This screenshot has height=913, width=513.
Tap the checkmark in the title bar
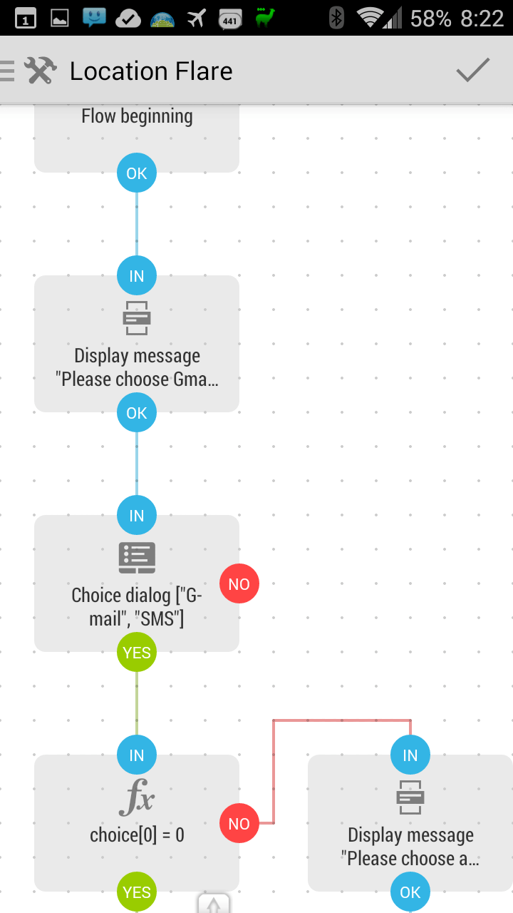(x=472, y=70)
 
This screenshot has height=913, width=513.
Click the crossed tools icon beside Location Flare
(x=41, y=70)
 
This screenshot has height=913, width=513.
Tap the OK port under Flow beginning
(x=137, y=173)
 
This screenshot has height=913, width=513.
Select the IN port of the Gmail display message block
(x=137, y=275)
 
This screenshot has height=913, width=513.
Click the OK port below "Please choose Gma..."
(x=137, y=412)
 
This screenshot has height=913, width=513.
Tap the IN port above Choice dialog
(x=137, y=515)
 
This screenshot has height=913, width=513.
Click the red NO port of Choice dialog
(x=239, y=583)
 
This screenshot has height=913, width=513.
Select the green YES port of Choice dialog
(x=137, y=652)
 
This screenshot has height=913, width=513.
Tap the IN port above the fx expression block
(x=137, y=755)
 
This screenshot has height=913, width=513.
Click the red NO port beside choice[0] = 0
(x=239, y=823)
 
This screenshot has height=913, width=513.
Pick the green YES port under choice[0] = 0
(x=137, y=892)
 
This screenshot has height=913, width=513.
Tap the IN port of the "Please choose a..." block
(x=410, y=755)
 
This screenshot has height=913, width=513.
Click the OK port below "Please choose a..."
(x=410, y=892)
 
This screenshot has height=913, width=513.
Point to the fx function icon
(x=137, y=797)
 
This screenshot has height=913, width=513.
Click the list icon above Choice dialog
(x=137, y=558)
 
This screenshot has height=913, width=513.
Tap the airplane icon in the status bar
(x=197, y=19)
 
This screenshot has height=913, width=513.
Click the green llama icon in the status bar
(x=264, y=18)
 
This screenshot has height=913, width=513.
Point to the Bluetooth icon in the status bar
(x=336, y=18)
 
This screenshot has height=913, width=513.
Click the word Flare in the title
(x=204, y=71)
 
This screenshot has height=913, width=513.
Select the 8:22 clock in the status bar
(x=482, y=19)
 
